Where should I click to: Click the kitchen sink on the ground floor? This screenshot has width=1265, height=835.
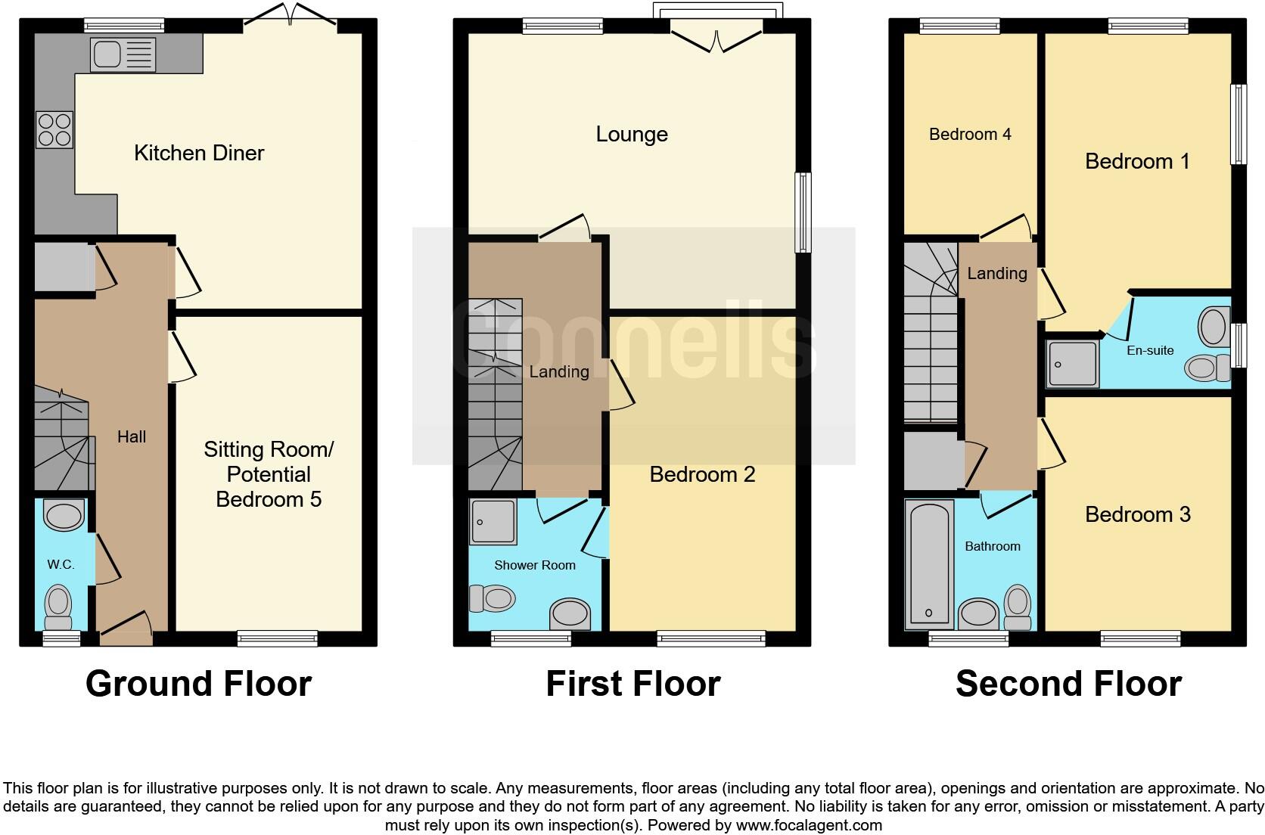[123, 55]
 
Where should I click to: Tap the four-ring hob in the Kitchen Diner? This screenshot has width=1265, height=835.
[54, 129]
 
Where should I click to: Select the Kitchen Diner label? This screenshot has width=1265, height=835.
[199, 153]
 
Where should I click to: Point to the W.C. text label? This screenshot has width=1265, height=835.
[61, 565]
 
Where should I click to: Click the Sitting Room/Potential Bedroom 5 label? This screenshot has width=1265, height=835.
[269, 474]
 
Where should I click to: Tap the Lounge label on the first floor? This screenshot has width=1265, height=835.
[632, 135]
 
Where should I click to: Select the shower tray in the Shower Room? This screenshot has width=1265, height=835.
[493, 521]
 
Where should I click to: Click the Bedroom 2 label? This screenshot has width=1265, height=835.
[702, 474]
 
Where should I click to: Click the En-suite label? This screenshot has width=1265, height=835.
[1150, 350]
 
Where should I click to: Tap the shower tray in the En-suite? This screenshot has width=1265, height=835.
[1072, 364]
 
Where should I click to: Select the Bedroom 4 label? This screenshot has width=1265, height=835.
[970, 135]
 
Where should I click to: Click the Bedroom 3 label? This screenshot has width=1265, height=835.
[1137, 514]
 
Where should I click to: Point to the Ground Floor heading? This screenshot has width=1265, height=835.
[198, 684]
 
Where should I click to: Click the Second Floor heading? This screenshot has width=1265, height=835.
[1068, 684]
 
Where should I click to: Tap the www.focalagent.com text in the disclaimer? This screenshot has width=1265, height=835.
[809, 825]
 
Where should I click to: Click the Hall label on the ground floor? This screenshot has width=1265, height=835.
[132, 436]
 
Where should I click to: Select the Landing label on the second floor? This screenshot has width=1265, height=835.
[996, 273]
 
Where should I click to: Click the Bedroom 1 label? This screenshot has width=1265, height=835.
[1137, 161]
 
